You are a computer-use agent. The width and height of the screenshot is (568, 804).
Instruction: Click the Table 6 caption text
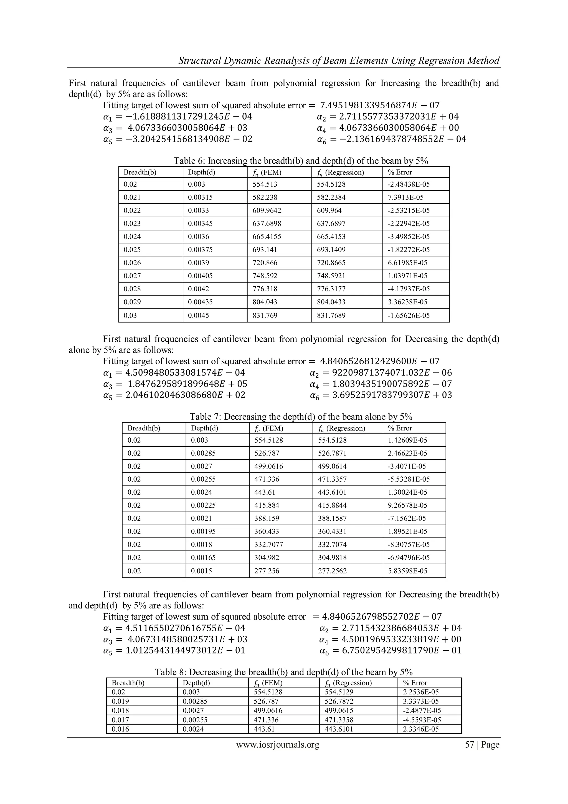point(301,161)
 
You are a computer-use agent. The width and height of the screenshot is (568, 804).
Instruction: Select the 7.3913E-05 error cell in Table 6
point(406,197)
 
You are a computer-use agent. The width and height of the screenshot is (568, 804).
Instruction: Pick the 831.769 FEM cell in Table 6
point(265,315)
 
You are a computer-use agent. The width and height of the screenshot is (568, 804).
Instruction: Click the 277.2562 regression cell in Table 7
point(332,571)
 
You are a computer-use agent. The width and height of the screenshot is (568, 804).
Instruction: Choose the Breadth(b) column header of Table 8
point(128,683)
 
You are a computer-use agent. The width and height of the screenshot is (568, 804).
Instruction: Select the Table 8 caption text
point(284,672)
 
